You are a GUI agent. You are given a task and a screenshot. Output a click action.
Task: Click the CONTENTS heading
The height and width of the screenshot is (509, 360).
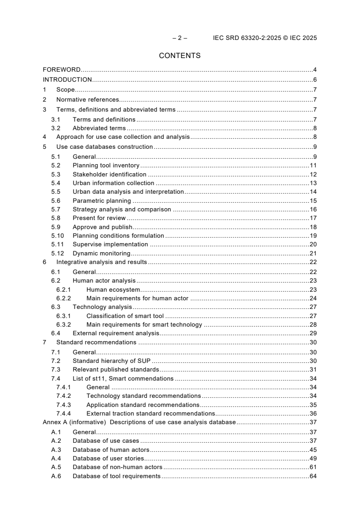[180, 56]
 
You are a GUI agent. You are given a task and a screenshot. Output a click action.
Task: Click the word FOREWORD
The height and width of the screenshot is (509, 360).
[62, 70]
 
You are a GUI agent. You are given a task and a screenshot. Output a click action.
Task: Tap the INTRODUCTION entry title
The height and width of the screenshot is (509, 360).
[67, 80]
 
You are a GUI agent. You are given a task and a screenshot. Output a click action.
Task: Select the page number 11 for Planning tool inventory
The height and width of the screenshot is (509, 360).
[313, 166]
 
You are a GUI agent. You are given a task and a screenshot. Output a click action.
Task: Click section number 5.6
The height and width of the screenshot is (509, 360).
[56, 201]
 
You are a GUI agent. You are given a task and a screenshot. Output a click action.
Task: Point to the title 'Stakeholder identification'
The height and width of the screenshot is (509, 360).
[109, 174]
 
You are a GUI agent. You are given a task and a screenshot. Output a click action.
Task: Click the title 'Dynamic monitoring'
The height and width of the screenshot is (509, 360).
[101, 253]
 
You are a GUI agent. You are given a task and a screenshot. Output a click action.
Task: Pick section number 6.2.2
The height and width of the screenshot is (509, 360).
[64, 298]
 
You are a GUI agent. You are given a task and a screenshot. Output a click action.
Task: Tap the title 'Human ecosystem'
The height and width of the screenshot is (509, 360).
[113, 289]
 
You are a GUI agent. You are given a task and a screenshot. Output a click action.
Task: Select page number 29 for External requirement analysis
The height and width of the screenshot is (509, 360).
[313, 333]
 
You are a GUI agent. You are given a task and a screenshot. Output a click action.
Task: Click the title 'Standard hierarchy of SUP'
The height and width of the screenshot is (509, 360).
[111, 361]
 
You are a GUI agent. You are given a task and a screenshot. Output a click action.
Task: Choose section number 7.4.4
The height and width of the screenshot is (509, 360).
[64, 413]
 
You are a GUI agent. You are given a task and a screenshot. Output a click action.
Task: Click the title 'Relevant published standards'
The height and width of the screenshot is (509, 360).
[116, 370]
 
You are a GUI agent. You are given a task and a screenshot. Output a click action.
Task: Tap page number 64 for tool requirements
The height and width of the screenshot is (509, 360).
[313, 476]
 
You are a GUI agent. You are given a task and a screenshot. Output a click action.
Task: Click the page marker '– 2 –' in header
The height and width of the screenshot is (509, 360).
[180, 38]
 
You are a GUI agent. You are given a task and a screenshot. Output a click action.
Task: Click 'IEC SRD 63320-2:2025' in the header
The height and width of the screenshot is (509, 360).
[243, 38]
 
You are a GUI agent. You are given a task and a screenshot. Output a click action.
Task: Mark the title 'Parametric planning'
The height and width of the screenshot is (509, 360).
[102, 201]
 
